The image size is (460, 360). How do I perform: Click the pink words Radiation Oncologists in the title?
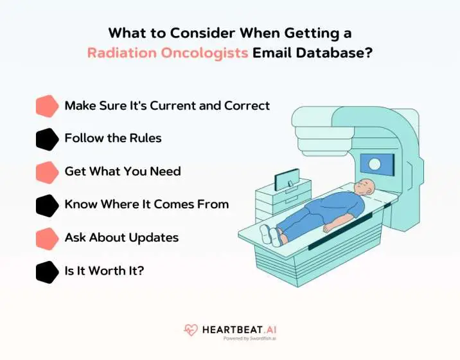click(168, 53)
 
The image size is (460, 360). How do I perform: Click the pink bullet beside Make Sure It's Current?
click(47, 106)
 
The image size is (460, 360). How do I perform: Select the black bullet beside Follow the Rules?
click(47, 139)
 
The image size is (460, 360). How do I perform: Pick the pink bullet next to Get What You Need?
click(47, 172)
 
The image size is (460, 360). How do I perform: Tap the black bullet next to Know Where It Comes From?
click(47, 206)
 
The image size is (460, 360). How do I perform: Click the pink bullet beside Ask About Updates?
click(47, 239)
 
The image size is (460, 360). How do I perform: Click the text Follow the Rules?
click(113, 138)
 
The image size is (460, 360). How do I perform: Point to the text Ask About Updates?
click(121, 238)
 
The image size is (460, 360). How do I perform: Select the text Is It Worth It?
click(104, 271)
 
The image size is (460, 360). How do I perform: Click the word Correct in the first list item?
click(247, 105)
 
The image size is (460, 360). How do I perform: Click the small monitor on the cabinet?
click(287, 179)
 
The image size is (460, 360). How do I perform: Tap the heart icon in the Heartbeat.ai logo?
click(191, 330)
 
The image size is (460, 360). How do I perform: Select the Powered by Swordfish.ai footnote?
click(249, 338)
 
